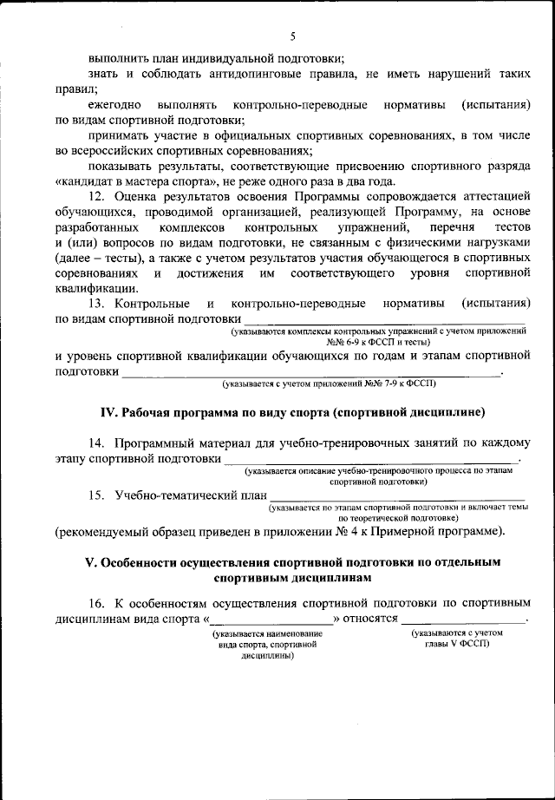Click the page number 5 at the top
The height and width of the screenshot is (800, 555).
coord(293,36)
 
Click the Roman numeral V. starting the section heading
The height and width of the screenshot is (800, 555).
coord(91,561)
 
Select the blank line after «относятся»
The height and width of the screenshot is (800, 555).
coord(461,620)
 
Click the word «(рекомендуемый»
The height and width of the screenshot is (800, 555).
coord(103,530)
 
